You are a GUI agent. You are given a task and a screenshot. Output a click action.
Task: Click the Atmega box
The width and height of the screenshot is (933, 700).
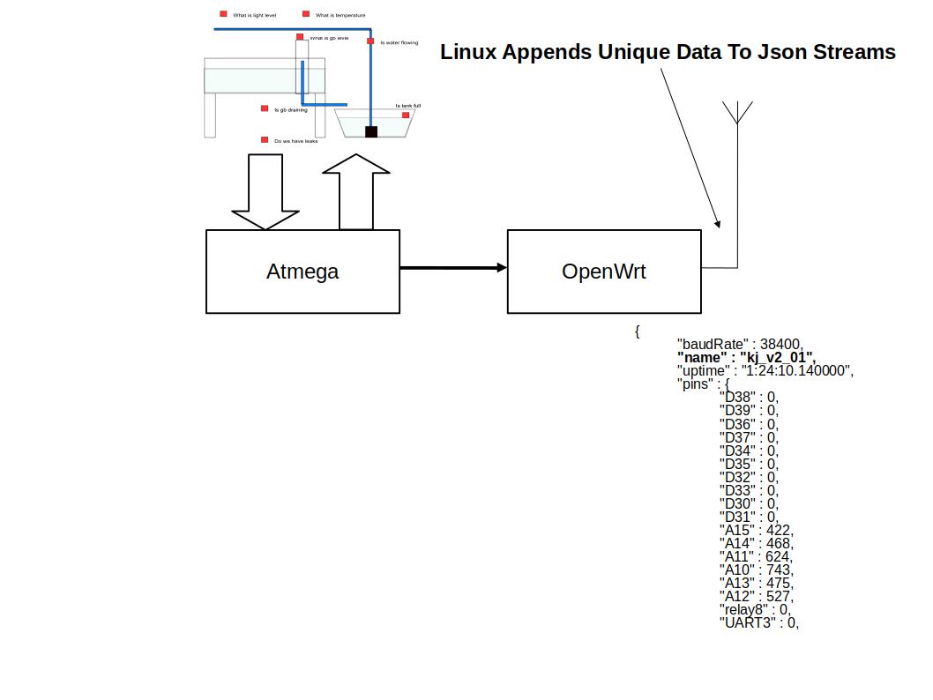pos(302,272)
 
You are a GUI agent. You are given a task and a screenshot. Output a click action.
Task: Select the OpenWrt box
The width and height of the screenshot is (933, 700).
pos(604,272)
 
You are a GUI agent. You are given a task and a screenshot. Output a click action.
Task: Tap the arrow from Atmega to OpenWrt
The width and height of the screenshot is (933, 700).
pos(453,267)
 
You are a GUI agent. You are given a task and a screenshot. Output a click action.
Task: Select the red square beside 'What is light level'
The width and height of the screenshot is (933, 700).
pos(224,14)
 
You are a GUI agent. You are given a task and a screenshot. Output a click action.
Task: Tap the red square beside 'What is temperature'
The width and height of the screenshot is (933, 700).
pos(306,14)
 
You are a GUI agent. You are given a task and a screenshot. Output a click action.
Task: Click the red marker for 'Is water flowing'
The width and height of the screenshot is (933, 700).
pos(370,41)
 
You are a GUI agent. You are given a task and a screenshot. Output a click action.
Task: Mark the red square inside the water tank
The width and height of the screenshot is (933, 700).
pos(406,115)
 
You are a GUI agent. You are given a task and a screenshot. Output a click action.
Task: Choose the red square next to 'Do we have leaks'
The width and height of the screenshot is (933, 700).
pos(265,140)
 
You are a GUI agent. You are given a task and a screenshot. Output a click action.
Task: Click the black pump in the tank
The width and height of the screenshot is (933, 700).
pos(371,132)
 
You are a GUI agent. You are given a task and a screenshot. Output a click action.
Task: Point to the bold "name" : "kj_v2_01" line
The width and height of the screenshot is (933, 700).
pos(746,357)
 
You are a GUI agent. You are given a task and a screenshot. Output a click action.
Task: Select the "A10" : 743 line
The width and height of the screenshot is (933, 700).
pos(757,570)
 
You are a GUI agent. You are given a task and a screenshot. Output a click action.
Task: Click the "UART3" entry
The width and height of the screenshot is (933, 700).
pos(747,622)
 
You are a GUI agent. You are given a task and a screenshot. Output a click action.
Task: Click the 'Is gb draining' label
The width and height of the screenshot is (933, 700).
pos(291,110)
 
